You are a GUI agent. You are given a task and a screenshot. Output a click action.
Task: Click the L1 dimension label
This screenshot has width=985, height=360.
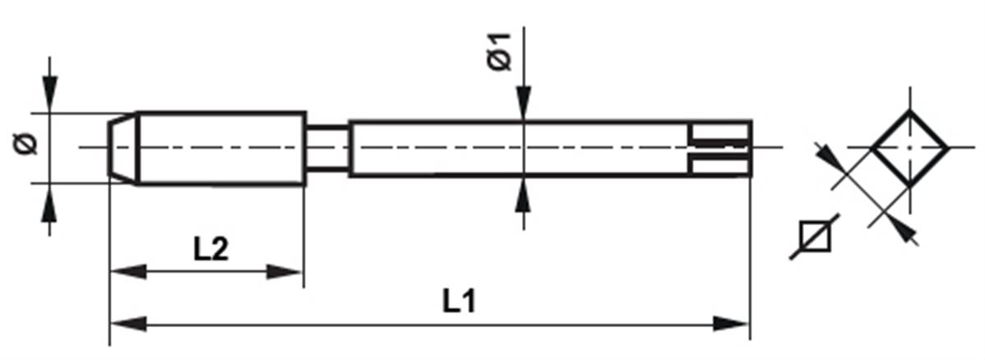coord(460,302)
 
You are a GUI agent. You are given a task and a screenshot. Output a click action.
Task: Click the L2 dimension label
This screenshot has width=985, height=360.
coord(211,250)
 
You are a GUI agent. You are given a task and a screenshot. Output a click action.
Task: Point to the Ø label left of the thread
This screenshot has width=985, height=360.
coord(25,145)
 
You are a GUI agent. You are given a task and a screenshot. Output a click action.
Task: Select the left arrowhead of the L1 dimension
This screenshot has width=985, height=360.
coord(128,324)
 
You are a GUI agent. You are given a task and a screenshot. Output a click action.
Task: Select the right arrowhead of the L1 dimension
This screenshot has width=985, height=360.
coord(731,324)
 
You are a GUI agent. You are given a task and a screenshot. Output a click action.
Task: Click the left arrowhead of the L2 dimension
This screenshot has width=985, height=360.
coord(128,271)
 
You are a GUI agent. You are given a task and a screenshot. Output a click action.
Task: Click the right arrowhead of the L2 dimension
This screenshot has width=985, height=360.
coord(285,271)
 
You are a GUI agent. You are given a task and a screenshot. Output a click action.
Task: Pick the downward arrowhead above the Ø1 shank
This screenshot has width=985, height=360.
coord(523,102)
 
